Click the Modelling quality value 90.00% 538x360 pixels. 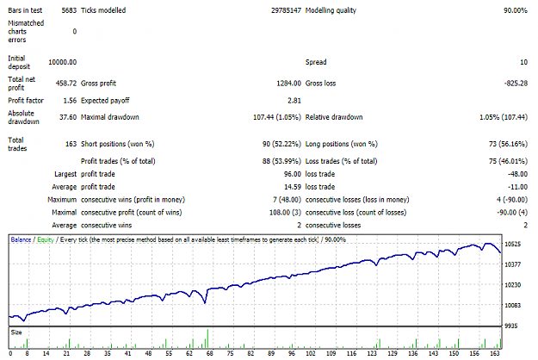coord(516,10)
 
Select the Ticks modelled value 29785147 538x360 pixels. coord(286,10)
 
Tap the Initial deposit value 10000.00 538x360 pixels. coord(63,62)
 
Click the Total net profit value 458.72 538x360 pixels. coord(66,83)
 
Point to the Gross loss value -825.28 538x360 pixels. coord(516,83)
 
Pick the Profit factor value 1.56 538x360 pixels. coord(70,101)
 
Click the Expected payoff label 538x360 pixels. coord(105,101)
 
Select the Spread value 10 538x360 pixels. coord(523,62)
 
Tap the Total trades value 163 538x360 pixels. coord(71,144)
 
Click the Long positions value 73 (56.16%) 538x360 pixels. coord(508,144)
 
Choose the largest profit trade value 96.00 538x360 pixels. coord(293,174)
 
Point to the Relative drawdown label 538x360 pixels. coord(334,117)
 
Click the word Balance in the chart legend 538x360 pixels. coord(21,239)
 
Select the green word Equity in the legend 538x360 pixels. coord(46,240)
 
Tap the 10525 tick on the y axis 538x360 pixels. coord(513,244)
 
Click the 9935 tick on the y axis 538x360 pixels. coord(511,326)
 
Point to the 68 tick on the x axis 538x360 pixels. coord(210,353)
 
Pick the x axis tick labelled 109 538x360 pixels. coord(331,353)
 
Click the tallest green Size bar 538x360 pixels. coord(207,338)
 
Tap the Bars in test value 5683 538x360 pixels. coord(69,10)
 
